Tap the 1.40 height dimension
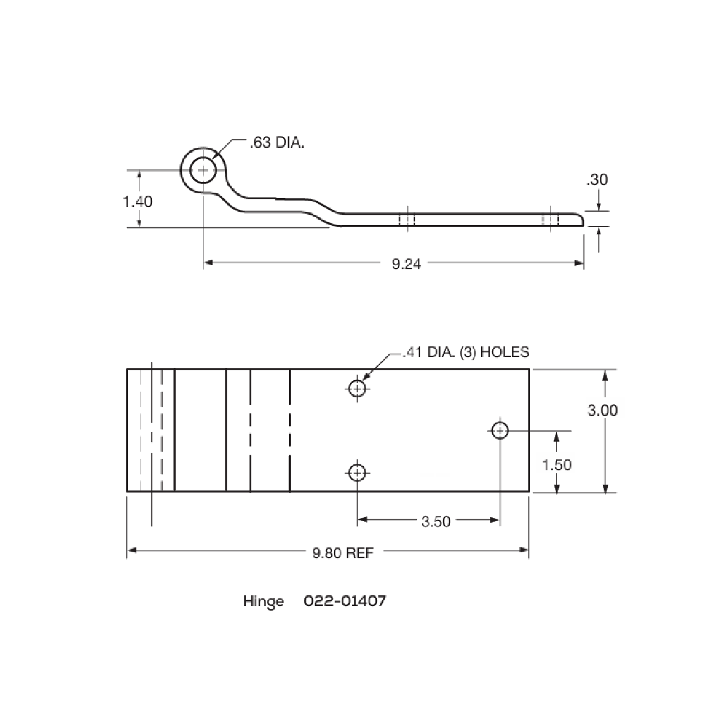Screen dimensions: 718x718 coord(138,201)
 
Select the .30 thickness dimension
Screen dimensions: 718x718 coord(597,180)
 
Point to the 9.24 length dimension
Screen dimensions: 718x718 coord(406,263)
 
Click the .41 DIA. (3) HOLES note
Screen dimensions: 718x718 coord(466,352)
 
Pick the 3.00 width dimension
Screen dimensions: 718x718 coord(602,410)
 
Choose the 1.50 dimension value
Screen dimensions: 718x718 coord(556,464)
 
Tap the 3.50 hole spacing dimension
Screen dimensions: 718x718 coord(435,522)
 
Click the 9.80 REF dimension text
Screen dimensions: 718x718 coord(343,553)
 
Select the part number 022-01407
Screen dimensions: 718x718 coord(345,601)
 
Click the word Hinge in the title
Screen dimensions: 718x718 coord(264,601)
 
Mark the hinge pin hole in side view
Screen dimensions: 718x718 coord(203,171)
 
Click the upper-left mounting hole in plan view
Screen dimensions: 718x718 coord(357,389)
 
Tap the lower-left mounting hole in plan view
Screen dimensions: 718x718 coord(357,473)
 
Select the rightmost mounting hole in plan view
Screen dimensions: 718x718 coord(500,430)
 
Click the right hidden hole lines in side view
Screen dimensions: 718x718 coord(550,220)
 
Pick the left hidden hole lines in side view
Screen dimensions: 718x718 coord(407,220)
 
